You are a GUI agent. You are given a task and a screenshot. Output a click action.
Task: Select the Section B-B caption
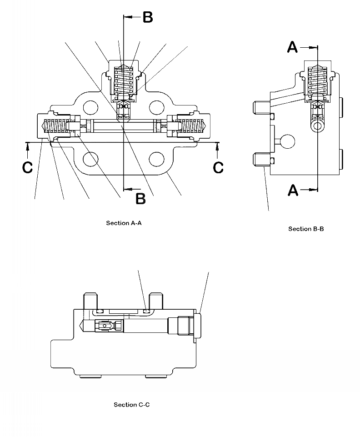tap(306, 229)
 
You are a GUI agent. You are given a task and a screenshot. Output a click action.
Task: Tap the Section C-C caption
tap(132, 405)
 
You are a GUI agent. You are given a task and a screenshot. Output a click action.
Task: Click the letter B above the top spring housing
tap(148, 17)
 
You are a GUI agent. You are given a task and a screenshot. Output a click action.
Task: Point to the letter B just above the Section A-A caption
tap(141, 199)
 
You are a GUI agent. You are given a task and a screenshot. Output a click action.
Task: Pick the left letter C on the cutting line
tap(28, 167)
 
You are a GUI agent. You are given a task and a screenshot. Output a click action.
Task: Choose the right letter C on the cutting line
tap(218, 167)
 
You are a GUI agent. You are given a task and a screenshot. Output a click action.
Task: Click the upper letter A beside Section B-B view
tap(293, 47)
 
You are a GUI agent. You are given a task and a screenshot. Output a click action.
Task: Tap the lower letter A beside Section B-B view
tap(293, 190)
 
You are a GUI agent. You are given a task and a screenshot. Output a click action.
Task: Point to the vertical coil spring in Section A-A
tap(124, 82)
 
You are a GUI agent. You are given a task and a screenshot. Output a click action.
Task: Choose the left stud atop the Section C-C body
tap(90, 302)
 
